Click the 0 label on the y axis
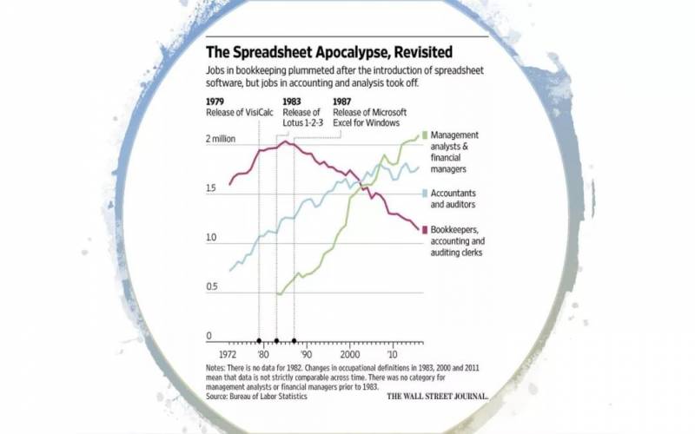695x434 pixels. tap(208, 336)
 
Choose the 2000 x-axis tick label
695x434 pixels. tap(349, 356)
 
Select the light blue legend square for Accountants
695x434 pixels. tap(424, 193)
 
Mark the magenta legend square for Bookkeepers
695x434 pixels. tap(424, 230)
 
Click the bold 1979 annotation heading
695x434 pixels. tap(216, 102)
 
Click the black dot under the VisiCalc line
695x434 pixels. tap(259, 341)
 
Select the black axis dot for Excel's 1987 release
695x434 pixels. tap(294, 341)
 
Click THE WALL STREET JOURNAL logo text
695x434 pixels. tap(437, 395)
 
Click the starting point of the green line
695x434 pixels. tap(277, 294)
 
